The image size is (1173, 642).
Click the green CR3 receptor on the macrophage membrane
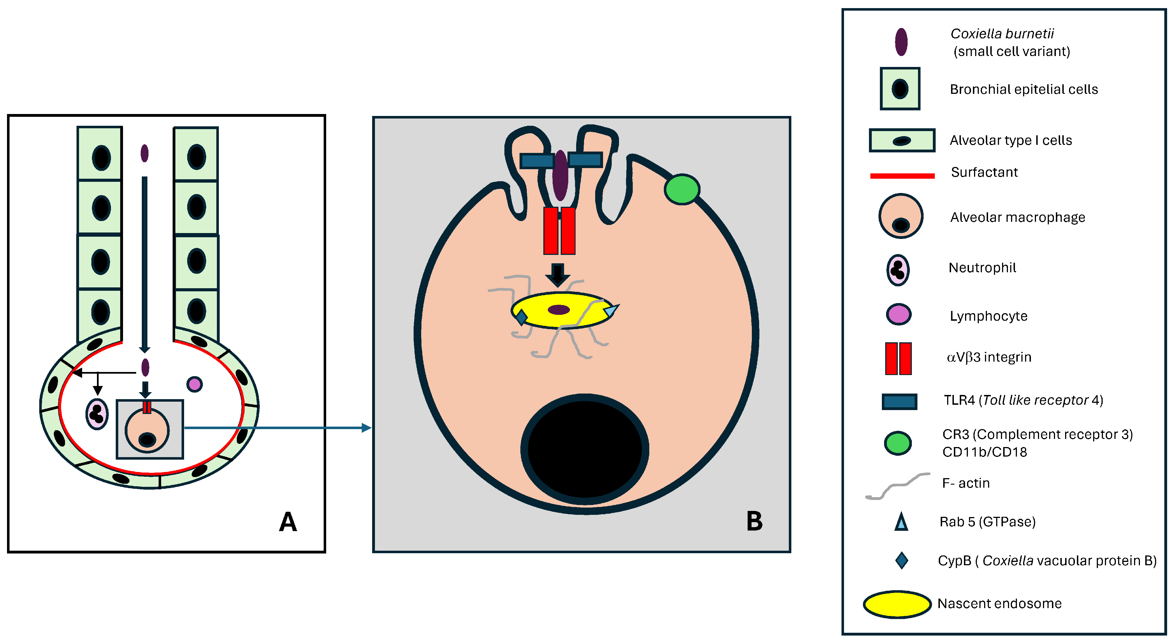click(x=682, y=189)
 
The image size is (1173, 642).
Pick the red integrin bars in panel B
click(x=559, y=231)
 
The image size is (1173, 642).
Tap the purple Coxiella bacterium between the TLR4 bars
click(x=560, y=175)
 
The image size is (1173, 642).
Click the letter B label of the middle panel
click(x=755, y=521)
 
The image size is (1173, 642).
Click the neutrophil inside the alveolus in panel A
click(x=97, y=414)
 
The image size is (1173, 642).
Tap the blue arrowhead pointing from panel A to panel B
click(x=367, y=427)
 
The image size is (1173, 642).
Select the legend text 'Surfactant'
click(x=984, y=172)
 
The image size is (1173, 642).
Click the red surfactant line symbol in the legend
click(x=902, y=176)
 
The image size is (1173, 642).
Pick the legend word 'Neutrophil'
click(x=982, y=268)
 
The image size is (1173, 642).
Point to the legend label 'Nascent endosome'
click(x=1000, y=604)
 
